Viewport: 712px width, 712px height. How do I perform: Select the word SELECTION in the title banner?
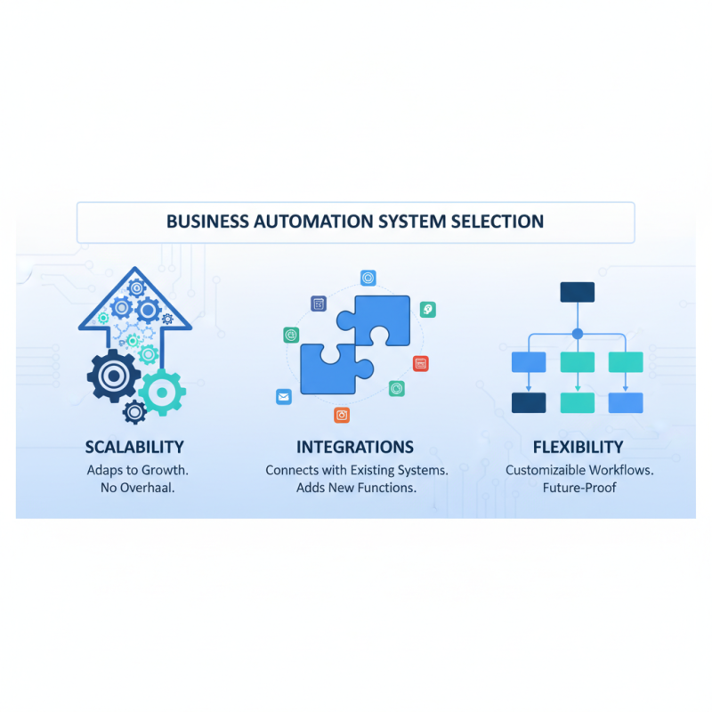coord(497,222)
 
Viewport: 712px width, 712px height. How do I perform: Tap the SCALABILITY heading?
coord(134,447)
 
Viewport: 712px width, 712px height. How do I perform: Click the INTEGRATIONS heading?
coord(355,447)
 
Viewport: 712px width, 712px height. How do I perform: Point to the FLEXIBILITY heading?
coord(578,447)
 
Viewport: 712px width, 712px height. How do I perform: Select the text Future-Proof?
coord(579,488)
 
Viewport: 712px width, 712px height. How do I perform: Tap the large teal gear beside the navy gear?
coord(162,391)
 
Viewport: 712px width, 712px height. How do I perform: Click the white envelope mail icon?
coord(284,398)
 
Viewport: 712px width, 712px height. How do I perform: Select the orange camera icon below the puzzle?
coord(342,415)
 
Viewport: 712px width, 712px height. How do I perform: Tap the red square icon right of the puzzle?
coord(421,363)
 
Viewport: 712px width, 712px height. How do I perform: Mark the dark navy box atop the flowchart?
coord(577,292)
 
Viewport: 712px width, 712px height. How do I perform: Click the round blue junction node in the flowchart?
coord(577,334)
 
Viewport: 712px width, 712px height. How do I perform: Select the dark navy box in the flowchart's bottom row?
coord(529,402)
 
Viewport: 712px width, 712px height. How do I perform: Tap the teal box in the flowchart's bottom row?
coord(577,402)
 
